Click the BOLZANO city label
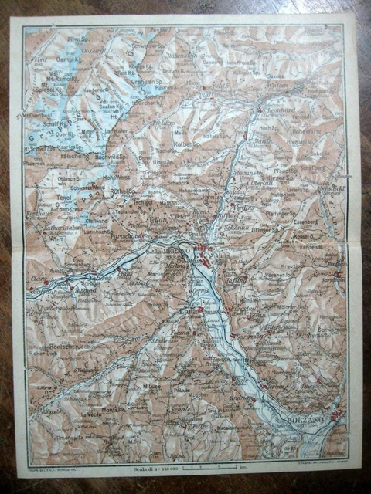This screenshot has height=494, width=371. coord(311,418)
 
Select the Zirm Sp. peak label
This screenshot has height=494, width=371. coord(74,38)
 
